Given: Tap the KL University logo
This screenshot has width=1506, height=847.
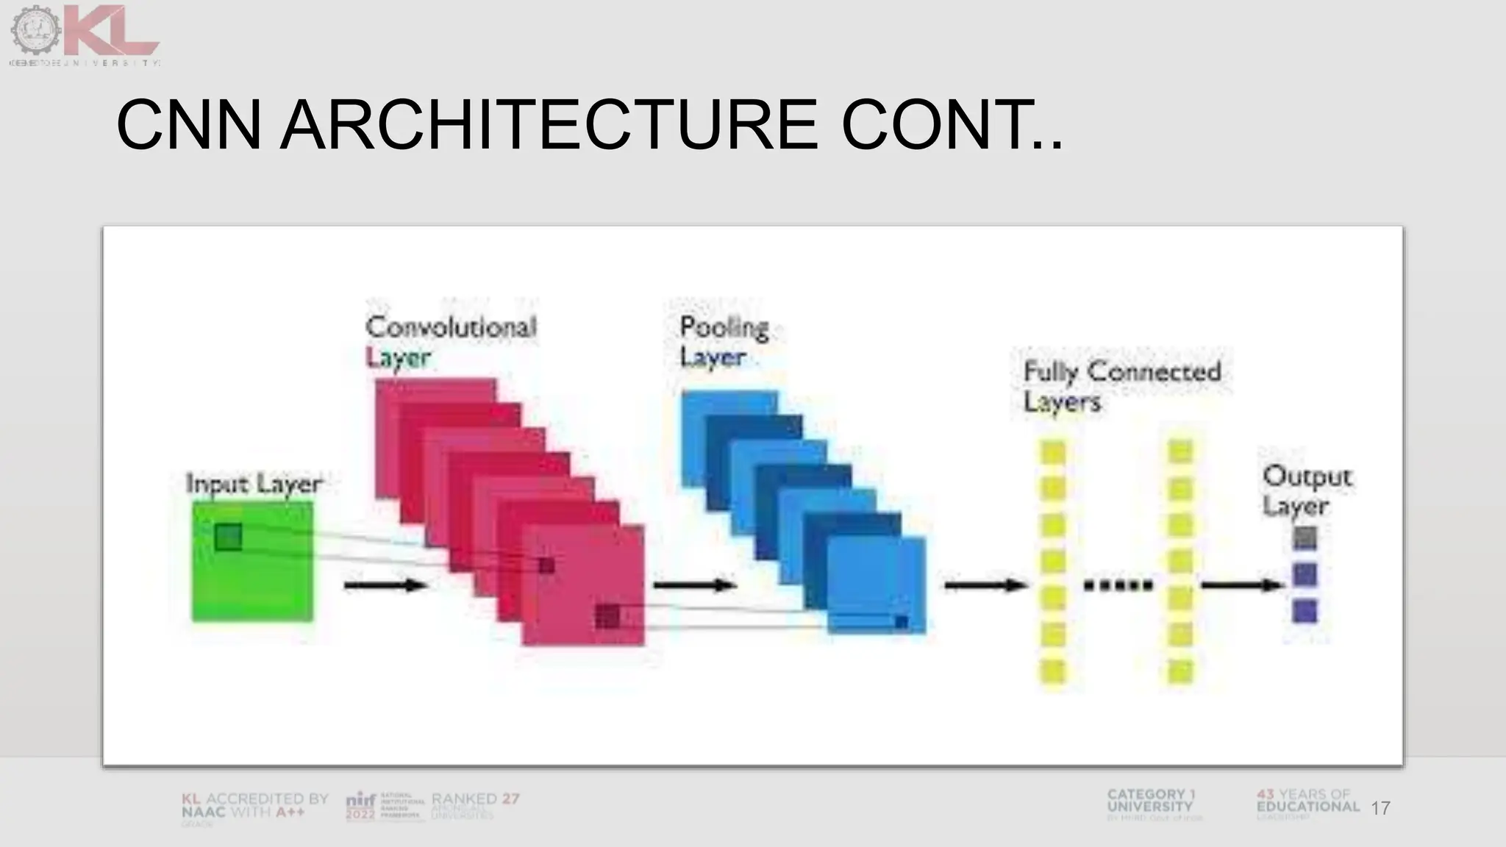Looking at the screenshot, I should [x=85, y=33].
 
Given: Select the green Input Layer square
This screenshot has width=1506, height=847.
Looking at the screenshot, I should [x=252, y=581].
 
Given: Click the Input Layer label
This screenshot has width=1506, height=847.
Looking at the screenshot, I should [x=254, y=484].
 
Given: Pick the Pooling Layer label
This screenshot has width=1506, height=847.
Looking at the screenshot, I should [x=724, y=341].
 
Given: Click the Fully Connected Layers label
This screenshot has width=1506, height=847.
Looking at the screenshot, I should [x=1121, y=386].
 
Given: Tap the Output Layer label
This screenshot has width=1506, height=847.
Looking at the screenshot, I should [x=1307, y=490].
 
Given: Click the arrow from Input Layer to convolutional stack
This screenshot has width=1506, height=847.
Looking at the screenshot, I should [x=386, y=585].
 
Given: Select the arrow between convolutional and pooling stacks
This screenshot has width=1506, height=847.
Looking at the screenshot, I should [x=695, y=585].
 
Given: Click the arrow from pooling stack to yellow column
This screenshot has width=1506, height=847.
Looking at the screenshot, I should [x=985, y=585].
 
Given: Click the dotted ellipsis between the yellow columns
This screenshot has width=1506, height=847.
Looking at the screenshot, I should [x=1118, y=586].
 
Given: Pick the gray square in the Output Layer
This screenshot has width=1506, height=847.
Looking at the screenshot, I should [x=1305, y=537].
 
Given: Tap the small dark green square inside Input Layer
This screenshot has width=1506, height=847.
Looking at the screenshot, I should [x=228, y=537].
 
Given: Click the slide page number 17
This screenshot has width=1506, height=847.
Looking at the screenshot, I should [x=1380, y=808].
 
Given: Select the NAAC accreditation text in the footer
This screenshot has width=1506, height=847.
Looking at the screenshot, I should [x=254, y=806].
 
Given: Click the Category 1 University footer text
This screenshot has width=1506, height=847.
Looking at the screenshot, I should [x=1151, y=801].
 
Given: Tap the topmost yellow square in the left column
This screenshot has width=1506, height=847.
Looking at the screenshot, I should [x=1053, y=452].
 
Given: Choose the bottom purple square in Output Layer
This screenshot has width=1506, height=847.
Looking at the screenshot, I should [x=1305, y=611].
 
